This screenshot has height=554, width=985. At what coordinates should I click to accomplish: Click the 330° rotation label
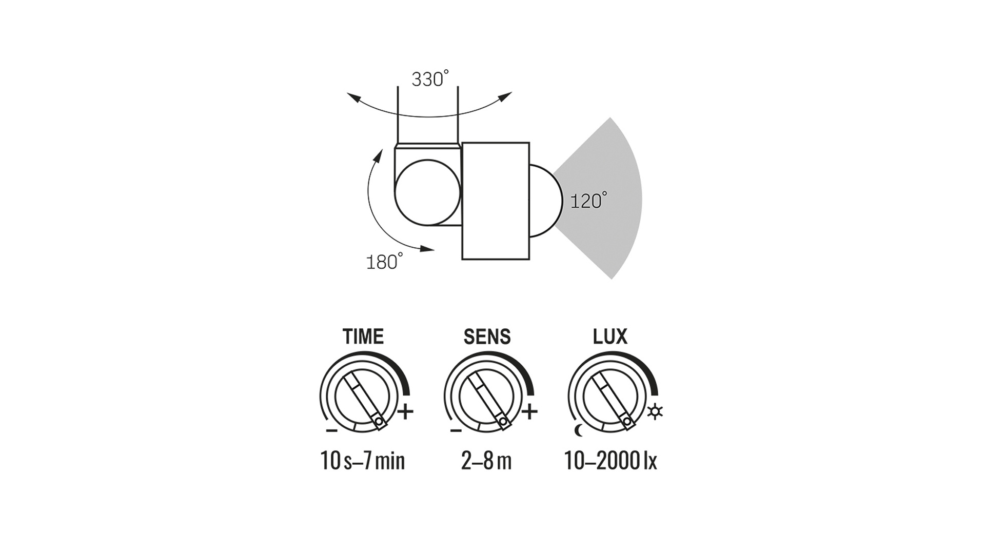(430, 79)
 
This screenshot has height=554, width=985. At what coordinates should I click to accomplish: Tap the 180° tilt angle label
(384, 262)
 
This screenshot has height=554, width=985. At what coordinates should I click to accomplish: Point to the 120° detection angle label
(588, 201)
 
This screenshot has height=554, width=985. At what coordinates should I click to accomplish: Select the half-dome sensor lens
(543, 201)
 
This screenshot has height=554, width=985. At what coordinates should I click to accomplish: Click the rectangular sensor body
(496, 201)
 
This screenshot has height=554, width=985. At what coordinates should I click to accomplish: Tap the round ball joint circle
(427, 192)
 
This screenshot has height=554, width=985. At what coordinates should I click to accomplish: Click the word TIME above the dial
(363, 337)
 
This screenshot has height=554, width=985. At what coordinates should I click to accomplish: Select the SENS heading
(487, 337)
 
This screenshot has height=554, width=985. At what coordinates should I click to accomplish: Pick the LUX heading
(610, 337)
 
